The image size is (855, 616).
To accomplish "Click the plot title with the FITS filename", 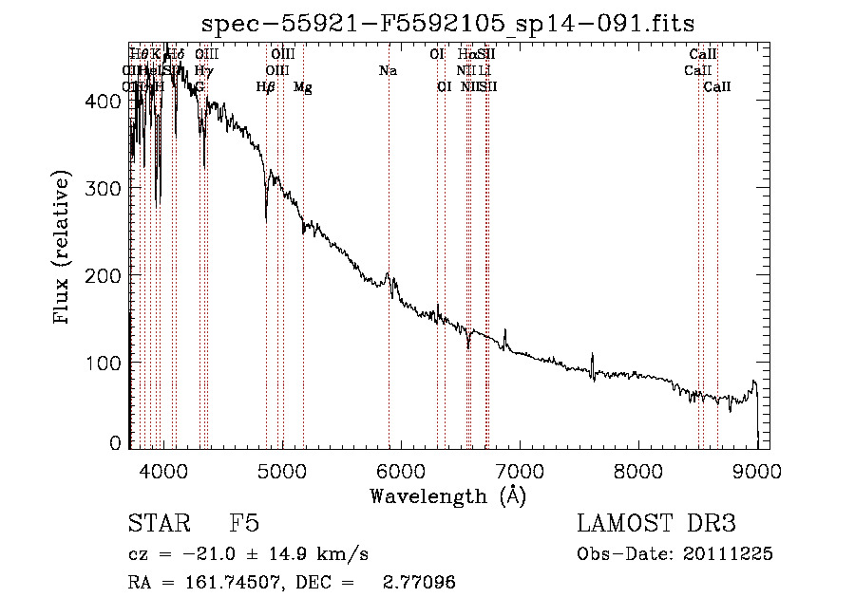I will click(x=448, y=24).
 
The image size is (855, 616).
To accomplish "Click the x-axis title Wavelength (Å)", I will click(x=447, y=495).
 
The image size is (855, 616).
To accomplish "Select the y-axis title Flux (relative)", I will click(x=64, y=250).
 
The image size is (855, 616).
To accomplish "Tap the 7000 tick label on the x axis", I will click(x=519, y=468).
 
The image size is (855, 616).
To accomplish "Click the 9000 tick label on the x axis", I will click(x=757, y=468).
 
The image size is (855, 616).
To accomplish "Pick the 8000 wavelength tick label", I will click(x=637, y=468).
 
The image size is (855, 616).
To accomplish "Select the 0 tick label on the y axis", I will click(x=116, y=443).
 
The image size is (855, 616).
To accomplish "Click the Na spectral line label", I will click(x=388, y=71).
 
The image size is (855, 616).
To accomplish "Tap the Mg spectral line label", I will click(x=303, y=87).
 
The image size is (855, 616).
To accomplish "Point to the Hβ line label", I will click(x=266, y=87).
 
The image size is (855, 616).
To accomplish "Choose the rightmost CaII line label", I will click(x=717, y=87).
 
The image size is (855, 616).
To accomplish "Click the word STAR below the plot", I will click(x=156, y=525).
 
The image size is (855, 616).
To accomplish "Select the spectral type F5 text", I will click(x=244, y=525).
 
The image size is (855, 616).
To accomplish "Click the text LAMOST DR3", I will click(x=656, y=525).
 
